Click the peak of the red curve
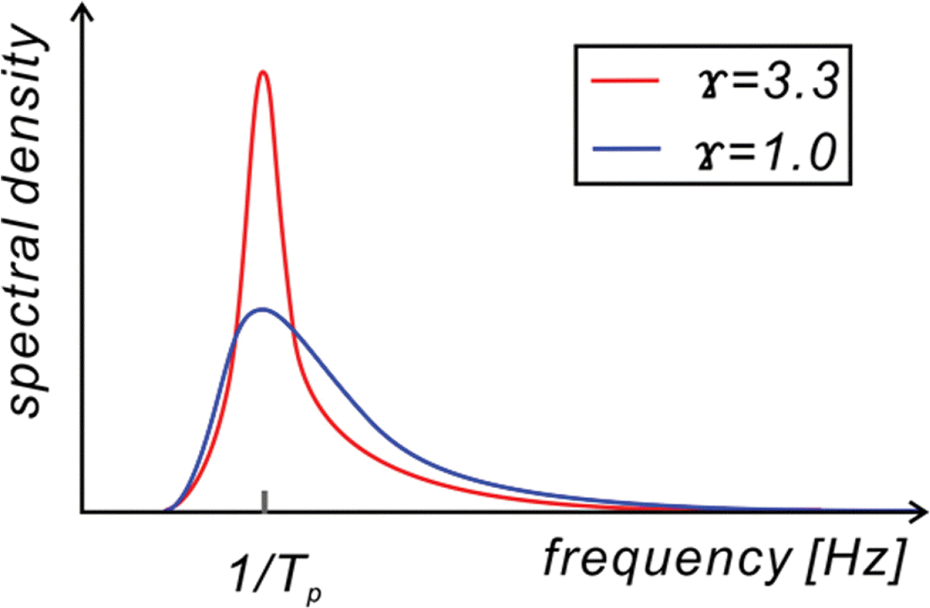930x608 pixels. point(263,73)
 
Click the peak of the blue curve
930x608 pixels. point(261,310)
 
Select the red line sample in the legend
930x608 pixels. point(625,80)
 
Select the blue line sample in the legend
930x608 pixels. point(625,149)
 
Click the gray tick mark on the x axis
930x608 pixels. point(264,502)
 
